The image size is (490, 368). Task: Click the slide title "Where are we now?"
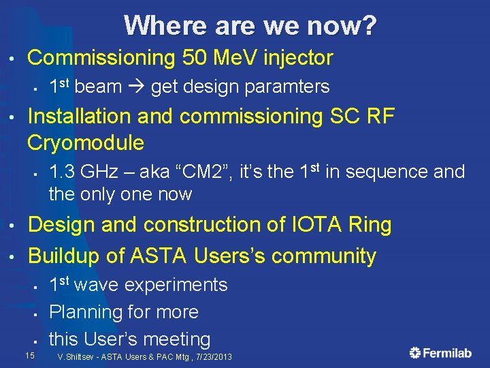coord(250,26)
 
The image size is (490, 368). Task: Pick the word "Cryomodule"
coord(86,142)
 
